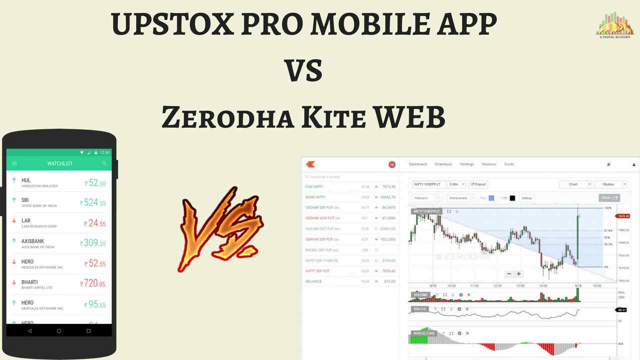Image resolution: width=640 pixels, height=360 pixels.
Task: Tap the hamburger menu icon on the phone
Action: pos(14,163)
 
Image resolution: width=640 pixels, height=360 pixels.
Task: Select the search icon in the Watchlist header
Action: pos(104,163)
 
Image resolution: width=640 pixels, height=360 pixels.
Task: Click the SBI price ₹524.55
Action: pos(93,203)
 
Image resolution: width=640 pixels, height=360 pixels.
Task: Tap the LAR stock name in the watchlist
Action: pos(26,220)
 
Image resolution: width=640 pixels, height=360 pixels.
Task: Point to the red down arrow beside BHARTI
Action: pos(14,282)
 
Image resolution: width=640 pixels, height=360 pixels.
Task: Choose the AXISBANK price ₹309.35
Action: pos(93,243)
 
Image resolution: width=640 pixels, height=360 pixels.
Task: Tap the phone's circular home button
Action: pos(59,330)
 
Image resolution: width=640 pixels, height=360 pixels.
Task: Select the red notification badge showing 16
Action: pos(392,164)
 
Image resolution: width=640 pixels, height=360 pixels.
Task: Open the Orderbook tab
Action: pos(443,164)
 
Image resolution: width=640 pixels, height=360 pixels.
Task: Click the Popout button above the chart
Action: pos(478,184)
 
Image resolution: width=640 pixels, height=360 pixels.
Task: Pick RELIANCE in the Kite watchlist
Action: pos(313,281)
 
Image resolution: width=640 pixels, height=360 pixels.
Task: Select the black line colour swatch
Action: pos(512,198)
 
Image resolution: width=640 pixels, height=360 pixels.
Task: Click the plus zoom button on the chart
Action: pos(519,273)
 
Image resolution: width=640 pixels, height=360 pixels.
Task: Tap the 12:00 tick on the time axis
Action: pos(497,286)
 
